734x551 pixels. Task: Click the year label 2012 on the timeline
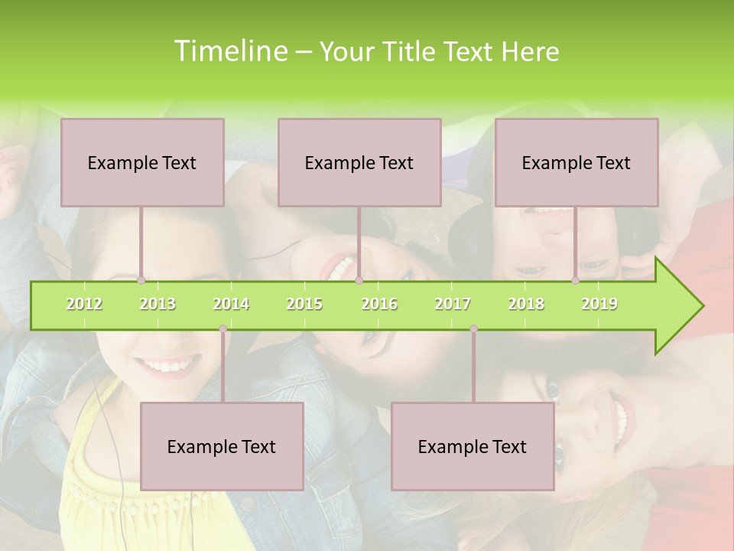84,304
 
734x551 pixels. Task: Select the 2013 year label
158,304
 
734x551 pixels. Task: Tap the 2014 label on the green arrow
231,304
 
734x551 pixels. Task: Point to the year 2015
304,304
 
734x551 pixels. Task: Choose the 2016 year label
379,304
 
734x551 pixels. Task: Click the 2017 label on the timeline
453,304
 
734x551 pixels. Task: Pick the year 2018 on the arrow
526,304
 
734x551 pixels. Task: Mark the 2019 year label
599,304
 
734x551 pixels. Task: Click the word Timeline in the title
229,51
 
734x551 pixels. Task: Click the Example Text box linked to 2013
142,162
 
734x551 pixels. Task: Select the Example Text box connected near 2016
359,162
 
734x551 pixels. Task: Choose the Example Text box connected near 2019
576,162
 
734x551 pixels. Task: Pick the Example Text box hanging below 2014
222,446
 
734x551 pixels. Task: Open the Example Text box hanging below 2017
473,446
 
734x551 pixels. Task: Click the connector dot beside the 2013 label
141,281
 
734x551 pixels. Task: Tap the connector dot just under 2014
222,329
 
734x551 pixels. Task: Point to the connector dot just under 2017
473,329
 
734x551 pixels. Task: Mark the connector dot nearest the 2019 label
576,281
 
